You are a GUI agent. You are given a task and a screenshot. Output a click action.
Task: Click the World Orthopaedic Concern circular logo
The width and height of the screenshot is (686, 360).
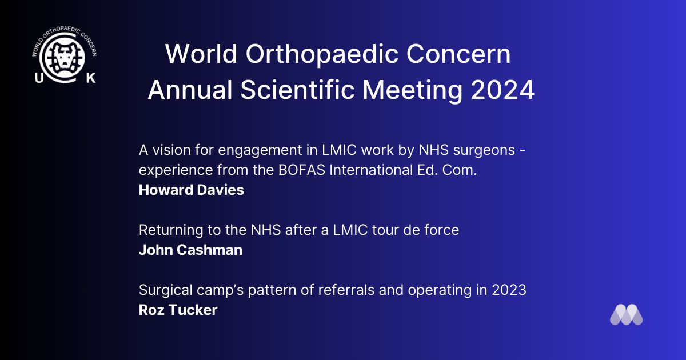pyautogui.click(x=65, y=55)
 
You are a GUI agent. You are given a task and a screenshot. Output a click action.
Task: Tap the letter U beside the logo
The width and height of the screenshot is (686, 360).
pyautogui.click(x=39, y=78)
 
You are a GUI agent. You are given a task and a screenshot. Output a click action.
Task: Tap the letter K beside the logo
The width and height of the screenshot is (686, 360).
pyautogui.click(x=91, y=78)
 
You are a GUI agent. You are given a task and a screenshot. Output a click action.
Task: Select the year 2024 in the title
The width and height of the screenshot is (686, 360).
pyautogui.click(x=502, y=90)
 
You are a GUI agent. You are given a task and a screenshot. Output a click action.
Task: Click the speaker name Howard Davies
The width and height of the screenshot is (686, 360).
pyautogui.click(x=192, y=190)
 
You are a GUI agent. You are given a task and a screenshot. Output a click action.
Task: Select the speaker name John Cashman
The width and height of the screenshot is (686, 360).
pyautogui.click(x=190, y=250)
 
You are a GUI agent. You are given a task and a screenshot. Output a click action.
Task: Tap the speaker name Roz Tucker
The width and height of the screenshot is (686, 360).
pyautogui.click(x=178, y=310)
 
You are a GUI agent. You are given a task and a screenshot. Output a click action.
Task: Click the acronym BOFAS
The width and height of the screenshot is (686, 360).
pyautogui.click(x=302, y=170)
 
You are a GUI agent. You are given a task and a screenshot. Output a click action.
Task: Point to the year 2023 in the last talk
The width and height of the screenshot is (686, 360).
pyautogui.click(x=509, y=290)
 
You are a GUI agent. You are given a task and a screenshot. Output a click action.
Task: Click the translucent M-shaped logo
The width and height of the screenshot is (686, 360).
pyautogui.click(x=627, y=314)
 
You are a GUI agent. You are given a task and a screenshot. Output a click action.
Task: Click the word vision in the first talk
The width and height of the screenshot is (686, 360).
pyautogui.click(x=171, y=150)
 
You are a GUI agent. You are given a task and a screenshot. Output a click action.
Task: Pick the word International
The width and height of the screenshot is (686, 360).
pyautogui.click(x=371, y=170)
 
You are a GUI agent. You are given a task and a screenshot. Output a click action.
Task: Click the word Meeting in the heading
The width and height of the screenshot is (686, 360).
pyautogui.click(x=413, y=90)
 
